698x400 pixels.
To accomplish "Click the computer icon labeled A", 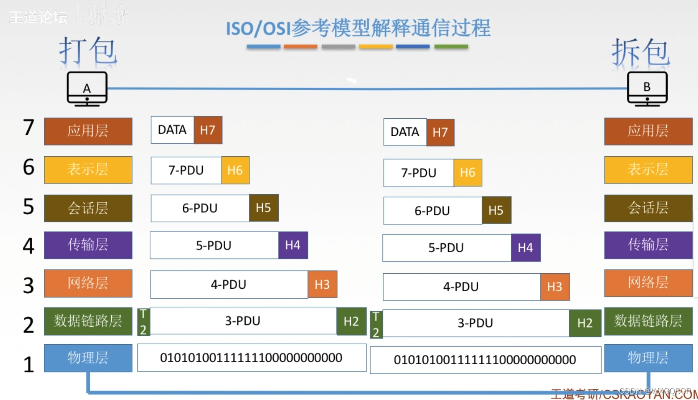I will click(x=87, y=88).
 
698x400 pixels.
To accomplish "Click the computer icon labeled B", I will click(x=647, y=88).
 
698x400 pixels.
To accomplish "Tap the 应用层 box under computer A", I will click(x=88, y=131).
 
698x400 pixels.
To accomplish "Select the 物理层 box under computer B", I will click(x=648, y=358).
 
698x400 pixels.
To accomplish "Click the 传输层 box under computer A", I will click(x=88, y=245).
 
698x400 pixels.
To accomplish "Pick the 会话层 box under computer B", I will click(x=648, y=208).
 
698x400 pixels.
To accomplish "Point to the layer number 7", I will click(x=29, y=128).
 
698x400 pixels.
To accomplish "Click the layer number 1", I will click(x=29, y=364).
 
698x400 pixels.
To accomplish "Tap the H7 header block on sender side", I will click(x=208, y=130).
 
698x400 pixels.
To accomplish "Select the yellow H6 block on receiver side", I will click(x=467, y=173).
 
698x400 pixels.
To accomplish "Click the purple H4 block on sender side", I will click(x=293, y=245).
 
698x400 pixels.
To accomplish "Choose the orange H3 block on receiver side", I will click(x=555, y=287).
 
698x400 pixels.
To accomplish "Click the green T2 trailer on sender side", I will click(x=143, y=321).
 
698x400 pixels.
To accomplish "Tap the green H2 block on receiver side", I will click(x=585, y=323).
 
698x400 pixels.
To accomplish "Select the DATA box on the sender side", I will click(x=172, y=130).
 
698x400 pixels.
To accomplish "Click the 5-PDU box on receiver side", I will click(x=446, y=248).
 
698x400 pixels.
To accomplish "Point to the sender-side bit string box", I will click(x=252, y=358).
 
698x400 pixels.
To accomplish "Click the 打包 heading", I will click(x=88, y=51).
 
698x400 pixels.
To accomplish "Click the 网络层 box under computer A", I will click(x=88, y=283).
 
